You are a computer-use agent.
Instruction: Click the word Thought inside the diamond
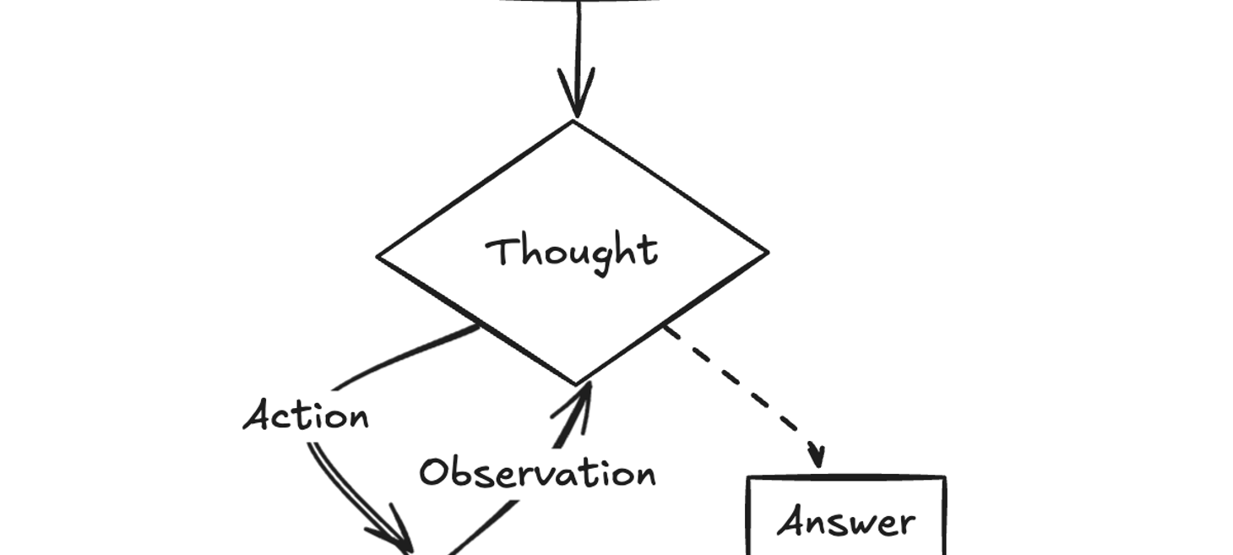[x=572, y=252]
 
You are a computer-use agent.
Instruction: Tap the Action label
[x=306, y=416]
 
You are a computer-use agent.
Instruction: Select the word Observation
[x=538, y=473]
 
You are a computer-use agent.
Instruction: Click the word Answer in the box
[x=846, y=522]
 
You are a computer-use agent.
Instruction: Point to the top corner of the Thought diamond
[x=574, y=122]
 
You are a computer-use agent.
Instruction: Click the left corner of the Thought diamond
[x=378, y=256]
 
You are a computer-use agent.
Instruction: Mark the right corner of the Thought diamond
[x=767, y=252]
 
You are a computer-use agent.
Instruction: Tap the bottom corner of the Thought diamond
[x=577, y=384]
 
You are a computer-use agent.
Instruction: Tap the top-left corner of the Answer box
[x=749, y=479]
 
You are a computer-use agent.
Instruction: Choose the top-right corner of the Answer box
[x=943, y=479]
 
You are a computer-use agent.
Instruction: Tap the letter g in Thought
[x=600, y=258]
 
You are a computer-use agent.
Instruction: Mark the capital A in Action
[x=258, y=416]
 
